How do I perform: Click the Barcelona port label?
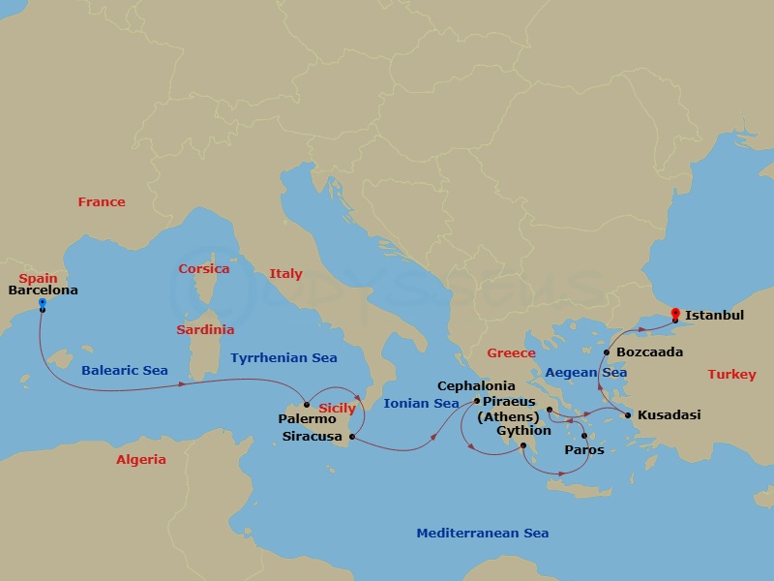pos(43,290)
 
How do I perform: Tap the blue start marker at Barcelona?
pos(43,303)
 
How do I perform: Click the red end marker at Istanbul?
pos(674,313)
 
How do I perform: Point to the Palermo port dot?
pos(307,405)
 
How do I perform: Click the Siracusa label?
pos(312,437)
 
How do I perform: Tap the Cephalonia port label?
pos(476,385)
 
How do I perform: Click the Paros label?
pos(583,450)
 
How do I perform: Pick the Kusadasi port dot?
pos(628,416)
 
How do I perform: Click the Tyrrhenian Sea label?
pos(283,358)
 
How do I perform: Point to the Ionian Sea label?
pos(421,404)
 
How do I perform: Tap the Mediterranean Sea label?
pos(482,534)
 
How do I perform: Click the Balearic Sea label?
pos(124,371)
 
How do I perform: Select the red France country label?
pos(102,202)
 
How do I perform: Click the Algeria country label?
pos(141,460)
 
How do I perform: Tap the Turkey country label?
pos(731,374)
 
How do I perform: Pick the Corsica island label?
pos(204,269)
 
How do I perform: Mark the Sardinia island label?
pos(205,330)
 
